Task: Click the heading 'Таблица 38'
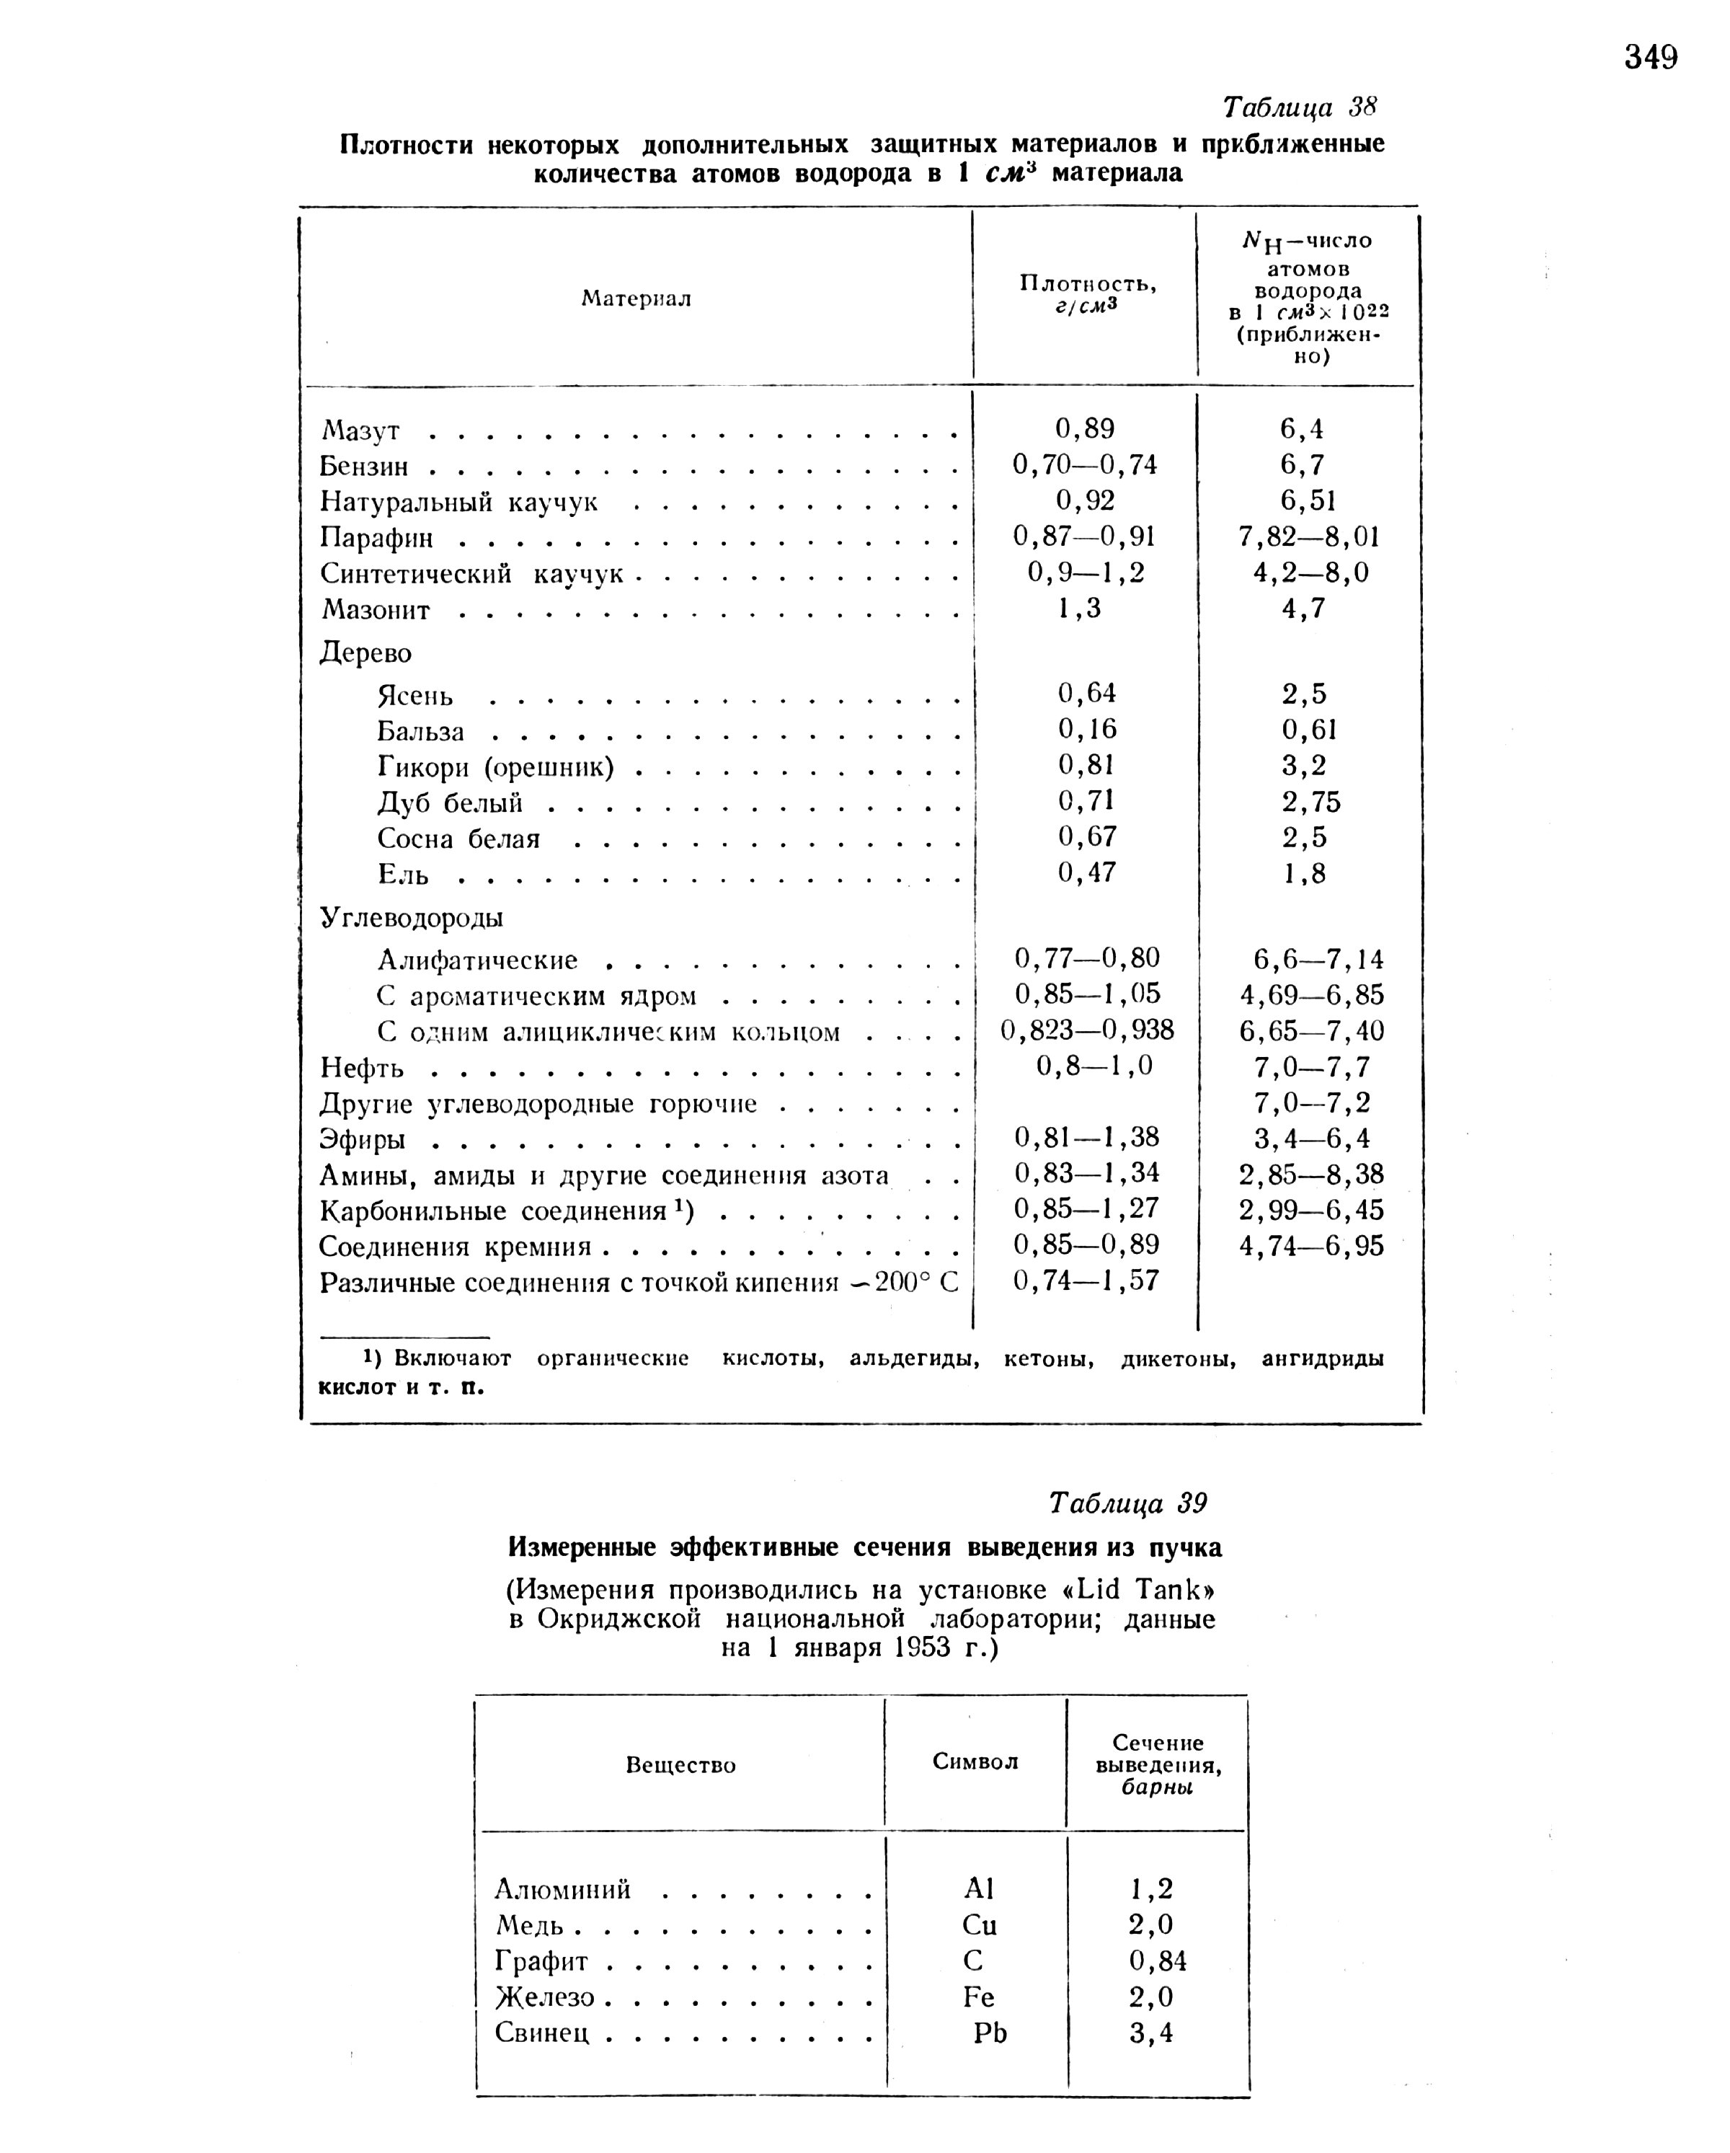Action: pyautogui.click(x=1300, y=107)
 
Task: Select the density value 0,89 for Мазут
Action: pyautogui.click(x=1084, y=428)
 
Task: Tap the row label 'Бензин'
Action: pyautogui.click(x=364, y=467)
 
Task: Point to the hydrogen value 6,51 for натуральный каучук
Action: pyautogui.click(x=1308, y=500)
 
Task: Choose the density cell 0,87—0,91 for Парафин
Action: pyautogui.click(x=1084, y=536)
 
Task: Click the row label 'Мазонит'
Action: pyautogui.click(x=376, y=610)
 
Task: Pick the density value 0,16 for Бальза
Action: pyautogui.click(x=1087, y=729)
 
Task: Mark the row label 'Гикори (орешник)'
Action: pyautogui.click(x=495, y=767)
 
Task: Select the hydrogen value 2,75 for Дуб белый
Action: pyautogui.click(x=1310, y=802)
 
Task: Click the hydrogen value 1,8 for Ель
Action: pyautogui.click(x=1304, y=874)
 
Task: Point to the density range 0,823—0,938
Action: pyautogui.click(x=1087, y=1030)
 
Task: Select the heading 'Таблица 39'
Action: pyautogui.click(x=1128, y=1503)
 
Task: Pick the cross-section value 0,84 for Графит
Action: pyautogui.click(x=1158, y=1961)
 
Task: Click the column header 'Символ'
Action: pyautogui.click(x=975, y=1761)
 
